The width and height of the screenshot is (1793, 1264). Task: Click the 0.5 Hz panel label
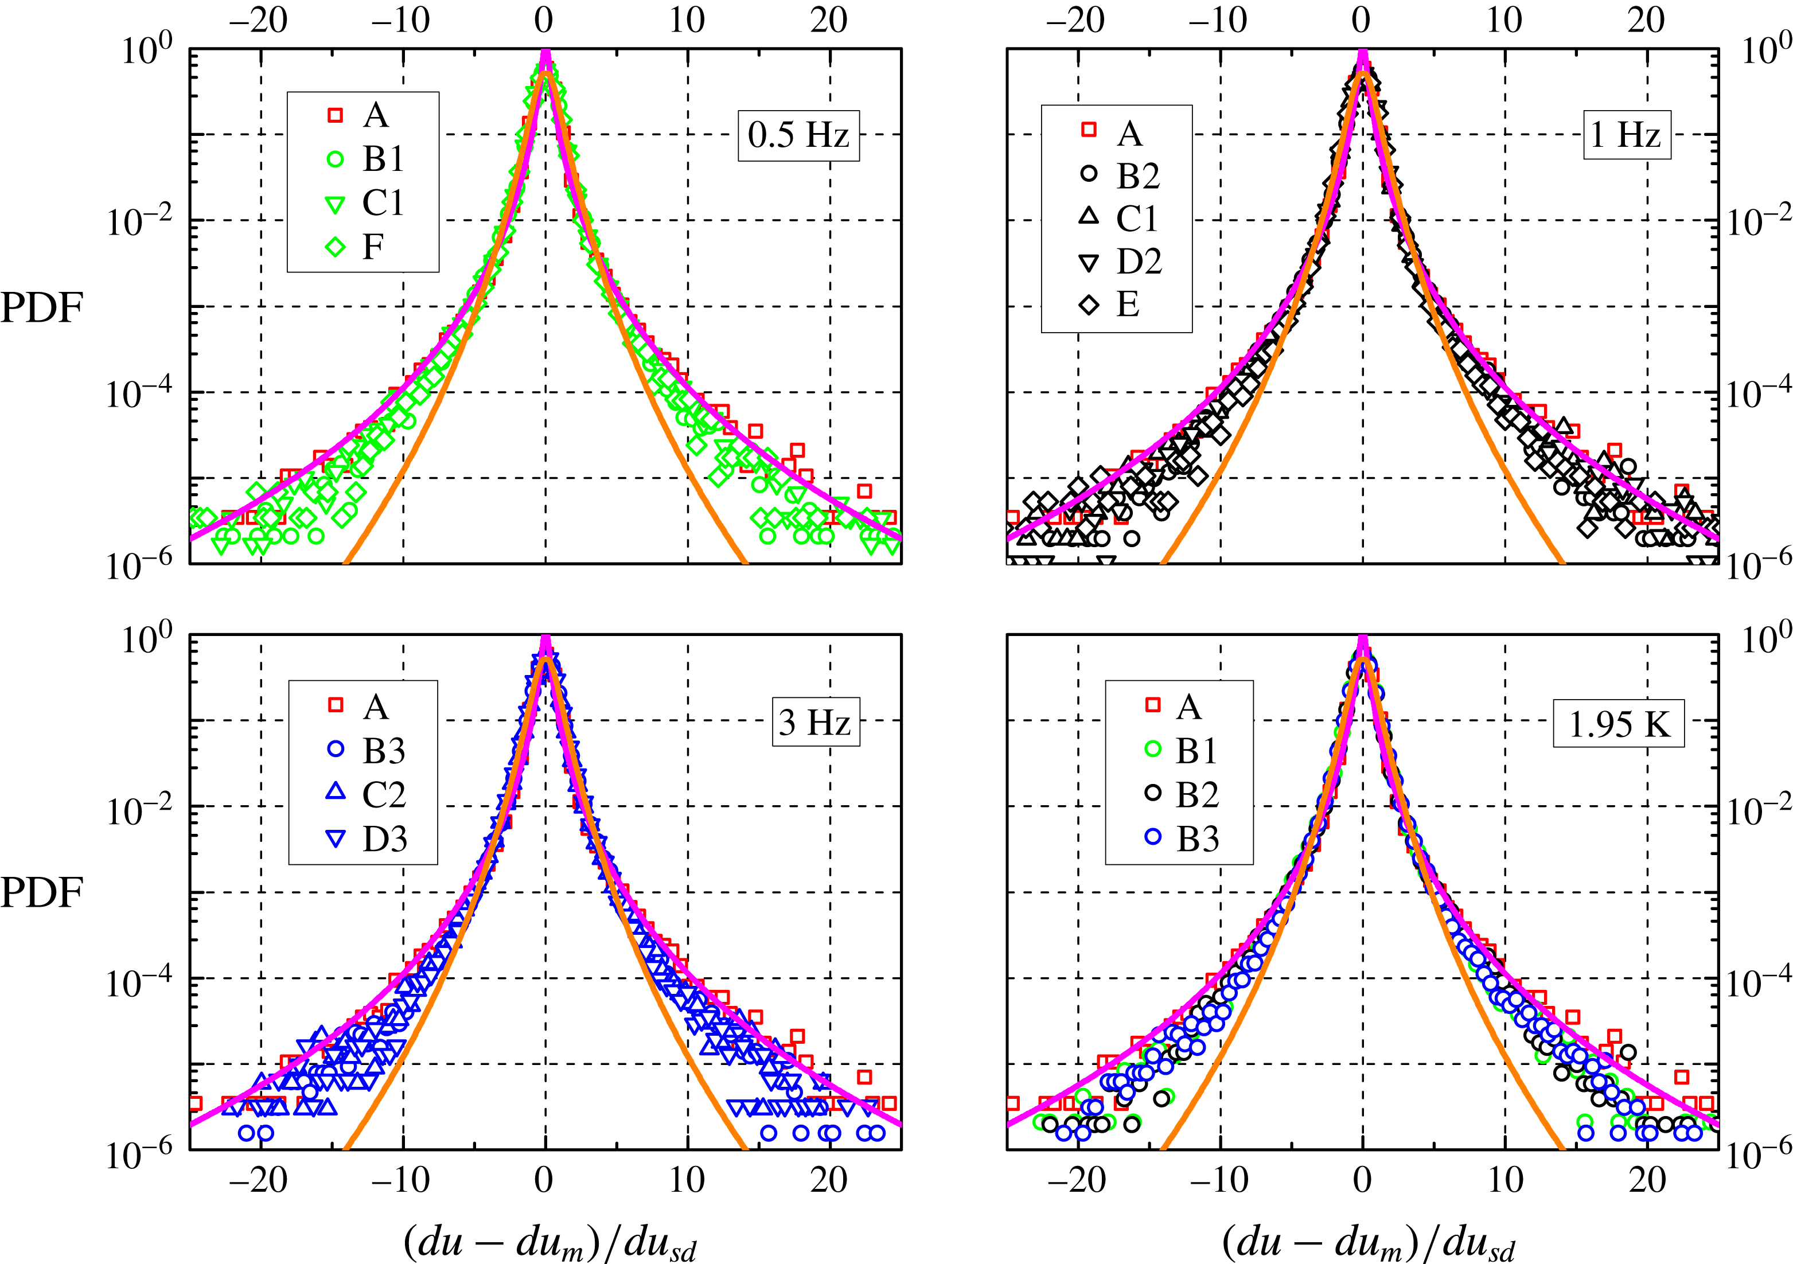[x=798, y=136]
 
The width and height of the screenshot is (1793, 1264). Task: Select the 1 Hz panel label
[x=1627, y=135]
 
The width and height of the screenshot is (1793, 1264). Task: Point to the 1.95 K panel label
[x=1618, y=724]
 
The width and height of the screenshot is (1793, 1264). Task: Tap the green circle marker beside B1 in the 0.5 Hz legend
[x=334, y=159]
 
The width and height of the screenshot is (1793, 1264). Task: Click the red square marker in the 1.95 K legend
[x=1153, y=706]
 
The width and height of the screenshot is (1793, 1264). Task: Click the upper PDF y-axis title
[x=41, y=309]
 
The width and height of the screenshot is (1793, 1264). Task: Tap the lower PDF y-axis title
[x=41, y=892]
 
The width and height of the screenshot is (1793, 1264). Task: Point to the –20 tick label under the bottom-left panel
[x=259, y=1180]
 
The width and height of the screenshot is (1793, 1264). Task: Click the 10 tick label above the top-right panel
[x=1503, y=20]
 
